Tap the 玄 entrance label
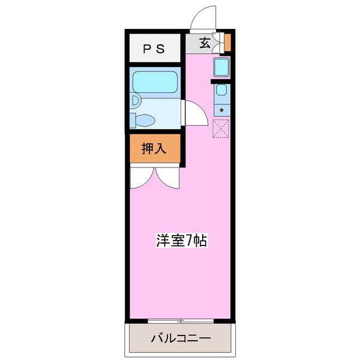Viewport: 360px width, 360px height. [205, 43]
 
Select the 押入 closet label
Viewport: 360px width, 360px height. [153, 149]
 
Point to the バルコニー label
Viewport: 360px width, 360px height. [180, 339]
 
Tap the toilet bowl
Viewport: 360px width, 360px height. [143, 120]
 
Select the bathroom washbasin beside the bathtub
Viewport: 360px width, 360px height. [135, 100]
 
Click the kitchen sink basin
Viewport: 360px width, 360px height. [221, 91]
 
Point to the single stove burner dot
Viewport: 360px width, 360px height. [222, 110]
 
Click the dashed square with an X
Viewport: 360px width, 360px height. [221, 128]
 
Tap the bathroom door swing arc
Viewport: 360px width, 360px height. [195, 112]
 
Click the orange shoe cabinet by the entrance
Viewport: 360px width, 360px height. [227, 43]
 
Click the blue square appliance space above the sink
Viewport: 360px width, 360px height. [221, 67]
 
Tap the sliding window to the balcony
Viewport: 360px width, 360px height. [180, 321]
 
